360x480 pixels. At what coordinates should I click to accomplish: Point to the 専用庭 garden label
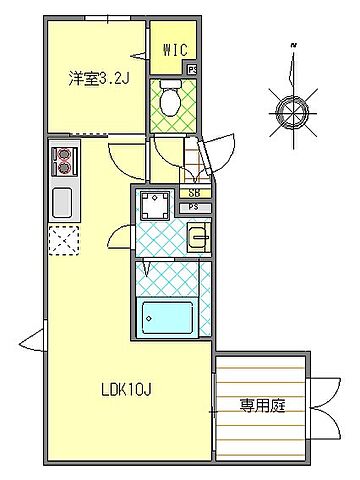click(259, 406)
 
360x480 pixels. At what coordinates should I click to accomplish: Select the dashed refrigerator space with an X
click(63, 241)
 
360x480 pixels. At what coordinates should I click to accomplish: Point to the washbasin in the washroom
click(196, 238)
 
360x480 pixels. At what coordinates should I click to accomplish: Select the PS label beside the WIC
click(192, 69)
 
